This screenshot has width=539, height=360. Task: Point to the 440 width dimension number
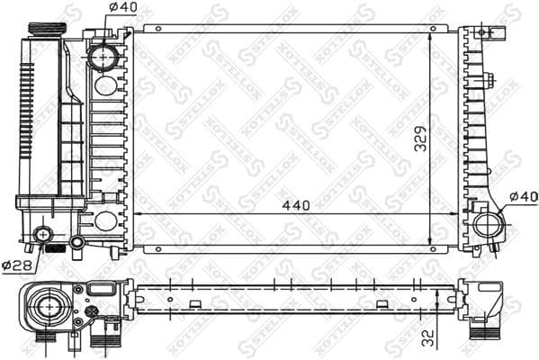294,205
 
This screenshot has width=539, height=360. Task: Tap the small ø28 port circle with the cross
41,237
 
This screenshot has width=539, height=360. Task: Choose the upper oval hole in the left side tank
105,86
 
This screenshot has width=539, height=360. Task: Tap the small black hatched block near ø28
57,247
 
